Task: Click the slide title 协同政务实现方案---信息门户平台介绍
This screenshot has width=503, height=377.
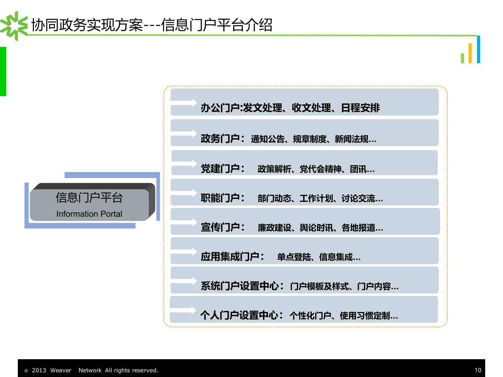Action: (152, 25)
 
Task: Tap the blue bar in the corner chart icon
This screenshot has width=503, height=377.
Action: (478, 49)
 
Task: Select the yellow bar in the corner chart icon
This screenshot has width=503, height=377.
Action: (470, 53)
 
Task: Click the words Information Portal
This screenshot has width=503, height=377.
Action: (89, 214)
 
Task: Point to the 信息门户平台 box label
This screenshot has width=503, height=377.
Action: (89, 197)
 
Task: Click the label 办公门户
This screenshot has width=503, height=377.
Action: (220, 108)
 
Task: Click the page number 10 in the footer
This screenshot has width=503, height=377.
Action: (478, 370)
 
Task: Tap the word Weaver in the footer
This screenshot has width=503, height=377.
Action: (61, 370)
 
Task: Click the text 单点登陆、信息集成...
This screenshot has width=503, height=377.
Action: (319, 257)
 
